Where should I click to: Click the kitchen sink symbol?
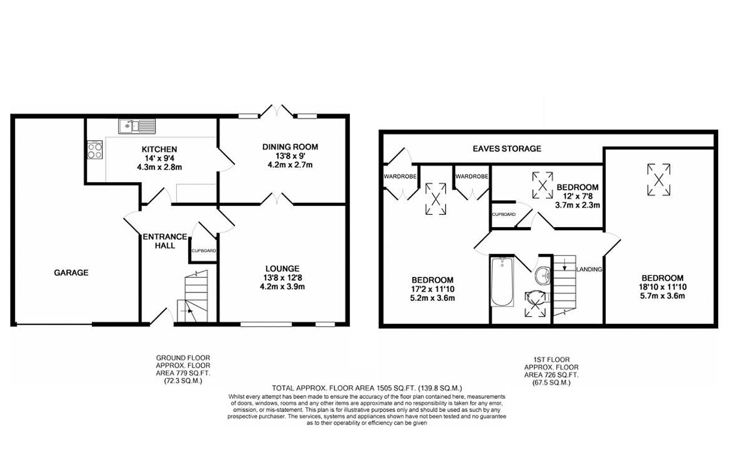[137, 126]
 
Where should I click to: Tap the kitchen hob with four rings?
[95, 150]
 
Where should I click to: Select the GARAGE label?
[71, 273]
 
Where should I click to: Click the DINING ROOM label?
[290, 147]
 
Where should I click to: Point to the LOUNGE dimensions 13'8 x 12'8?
[282, 278]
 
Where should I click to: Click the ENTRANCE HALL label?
[165, 241]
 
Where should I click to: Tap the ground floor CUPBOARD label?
[203, 251]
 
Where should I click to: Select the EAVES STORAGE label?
[507, 148]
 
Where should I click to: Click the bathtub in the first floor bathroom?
[502, 282]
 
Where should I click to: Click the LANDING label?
[589, 269]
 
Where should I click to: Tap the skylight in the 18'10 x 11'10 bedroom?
[659, 179]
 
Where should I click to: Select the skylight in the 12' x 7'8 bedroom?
[542, 185]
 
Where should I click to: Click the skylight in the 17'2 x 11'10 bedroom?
[435, 199]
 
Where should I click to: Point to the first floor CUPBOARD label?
[504, 214]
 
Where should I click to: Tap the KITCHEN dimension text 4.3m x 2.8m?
[159, 167]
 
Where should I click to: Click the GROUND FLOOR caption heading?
[183, 358]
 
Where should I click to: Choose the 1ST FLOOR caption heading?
[551, 359]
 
